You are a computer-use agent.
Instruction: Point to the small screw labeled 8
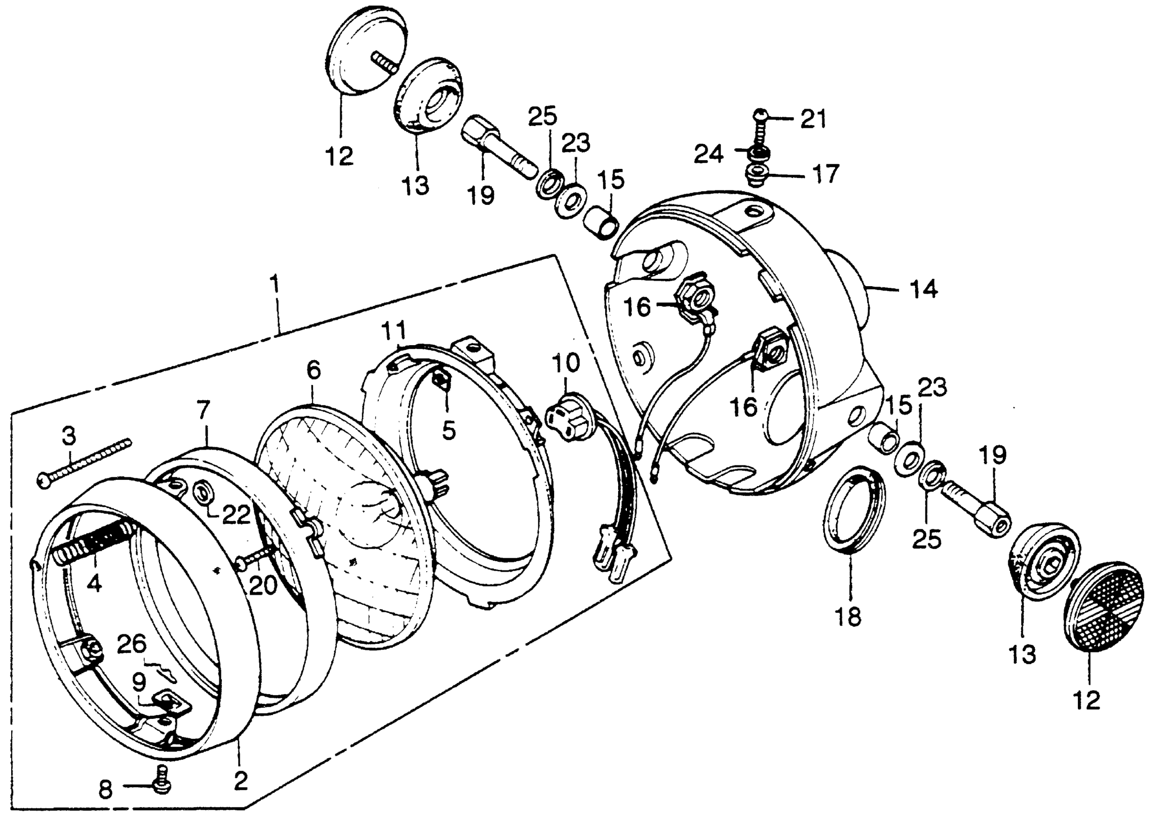pos(161,785)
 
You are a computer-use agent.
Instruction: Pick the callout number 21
pos(813,120)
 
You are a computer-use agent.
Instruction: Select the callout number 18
pos(848,617)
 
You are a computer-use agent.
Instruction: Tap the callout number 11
pos(394,332)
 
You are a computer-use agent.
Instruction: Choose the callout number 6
pos(314,370)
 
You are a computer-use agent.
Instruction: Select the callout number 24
pos(708,153)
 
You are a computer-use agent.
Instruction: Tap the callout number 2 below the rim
pos(240,781)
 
